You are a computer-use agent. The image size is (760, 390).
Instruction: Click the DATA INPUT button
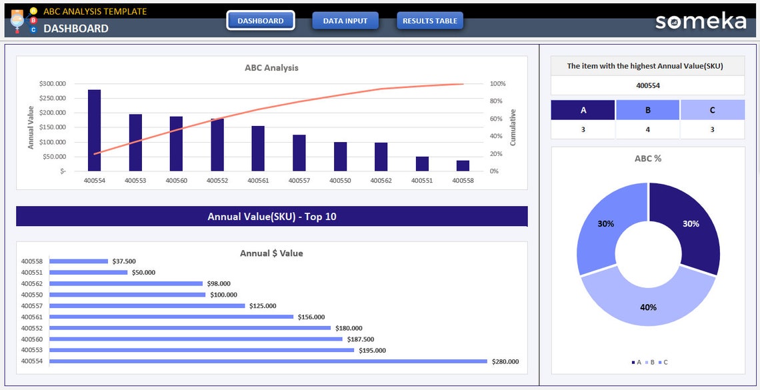point(345,21)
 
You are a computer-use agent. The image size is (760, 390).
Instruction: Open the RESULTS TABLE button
point(430,21)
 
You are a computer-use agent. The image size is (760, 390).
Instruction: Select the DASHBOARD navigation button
point(261,21)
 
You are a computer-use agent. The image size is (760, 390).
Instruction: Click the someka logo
point(701,21)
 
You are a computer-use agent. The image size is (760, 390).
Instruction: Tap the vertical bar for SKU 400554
point(95,130)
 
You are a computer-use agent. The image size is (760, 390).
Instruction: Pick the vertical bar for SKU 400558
point(463,165)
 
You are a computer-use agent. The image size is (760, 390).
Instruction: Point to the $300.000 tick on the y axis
point(53,84)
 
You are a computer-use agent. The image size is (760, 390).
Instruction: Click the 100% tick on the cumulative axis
point(497,84)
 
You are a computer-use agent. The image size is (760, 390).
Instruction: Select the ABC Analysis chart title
point(271,67)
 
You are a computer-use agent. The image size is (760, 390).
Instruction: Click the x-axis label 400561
point(258,180)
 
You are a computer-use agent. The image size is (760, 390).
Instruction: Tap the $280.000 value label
point(505,361)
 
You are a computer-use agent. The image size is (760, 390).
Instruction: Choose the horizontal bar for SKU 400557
point(147,305)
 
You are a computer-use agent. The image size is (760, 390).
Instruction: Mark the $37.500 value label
point(124,261)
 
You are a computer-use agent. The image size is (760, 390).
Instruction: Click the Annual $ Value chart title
point(271,253)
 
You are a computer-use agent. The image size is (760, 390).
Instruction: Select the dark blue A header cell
point(583,110)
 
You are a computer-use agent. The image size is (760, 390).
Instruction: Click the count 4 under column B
point(647,129)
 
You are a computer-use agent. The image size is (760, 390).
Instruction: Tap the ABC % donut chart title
point(648,159)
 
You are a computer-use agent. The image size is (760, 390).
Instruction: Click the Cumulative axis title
point(513,127)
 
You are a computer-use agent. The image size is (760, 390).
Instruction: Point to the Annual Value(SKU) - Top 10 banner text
point(272,217)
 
